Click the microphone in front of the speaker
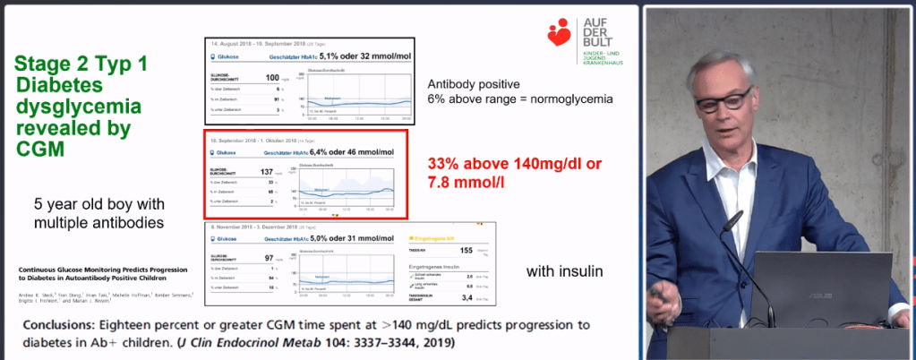[732, 218]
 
